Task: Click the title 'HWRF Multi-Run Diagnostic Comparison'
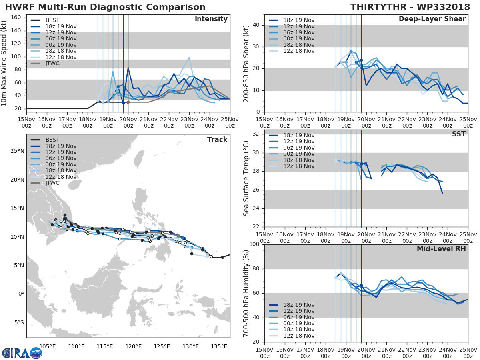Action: click(105, 7)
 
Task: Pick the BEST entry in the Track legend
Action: click(52, 140)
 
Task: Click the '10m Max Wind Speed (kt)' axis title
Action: click(4, 64)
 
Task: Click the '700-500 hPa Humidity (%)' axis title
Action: click(246, 293)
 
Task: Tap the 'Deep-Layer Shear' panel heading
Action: click(432, 19)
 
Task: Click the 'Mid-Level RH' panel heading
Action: click(441, 249)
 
